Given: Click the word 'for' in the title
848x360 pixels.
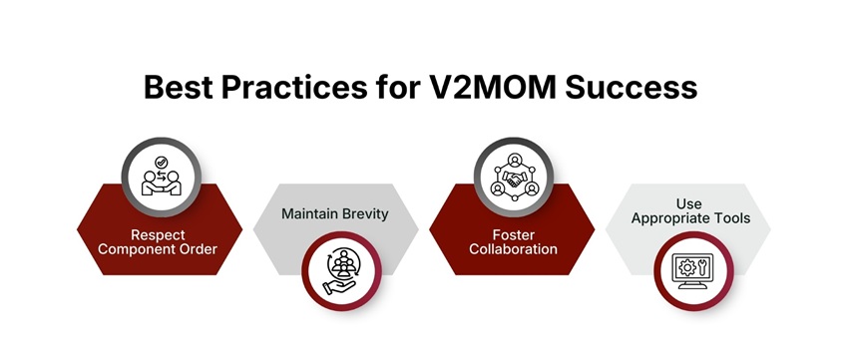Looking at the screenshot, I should [x=399, y=87].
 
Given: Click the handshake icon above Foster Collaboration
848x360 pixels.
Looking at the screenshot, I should [x=513, y=178].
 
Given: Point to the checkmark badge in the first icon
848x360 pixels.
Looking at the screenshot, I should [x=160, y=163].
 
